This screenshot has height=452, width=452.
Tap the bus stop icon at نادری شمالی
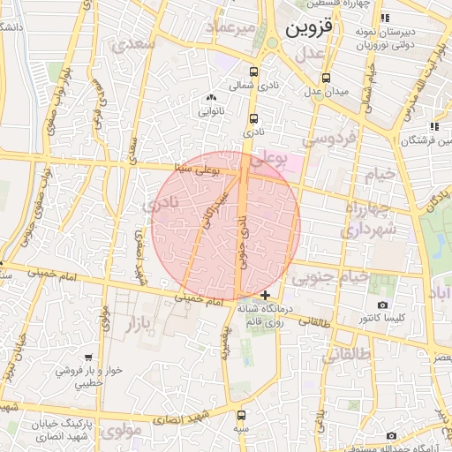pos(254,72)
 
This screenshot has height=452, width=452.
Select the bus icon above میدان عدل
pos(327,78)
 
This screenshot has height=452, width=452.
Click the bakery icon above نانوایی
pos(210,98)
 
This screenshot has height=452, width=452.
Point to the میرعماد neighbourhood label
pos(231,29)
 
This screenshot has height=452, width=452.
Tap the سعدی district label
pos(139,41)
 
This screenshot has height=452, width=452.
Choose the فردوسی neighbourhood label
pos(328,138)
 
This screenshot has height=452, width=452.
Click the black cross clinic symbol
pos(266,294)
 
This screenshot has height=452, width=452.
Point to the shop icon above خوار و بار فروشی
pos(87,358)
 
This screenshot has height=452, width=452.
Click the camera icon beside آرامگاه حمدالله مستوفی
pos(391,435)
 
